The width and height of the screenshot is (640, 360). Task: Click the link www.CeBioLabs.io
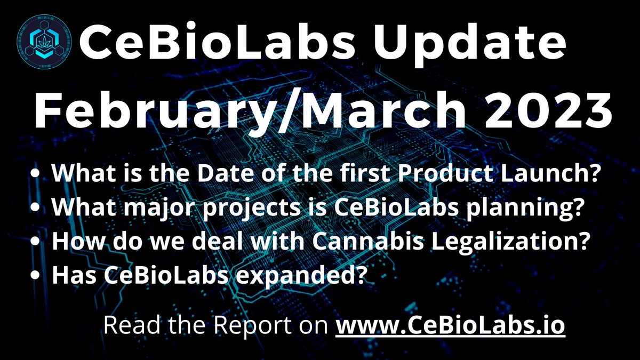coord(450,325)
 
